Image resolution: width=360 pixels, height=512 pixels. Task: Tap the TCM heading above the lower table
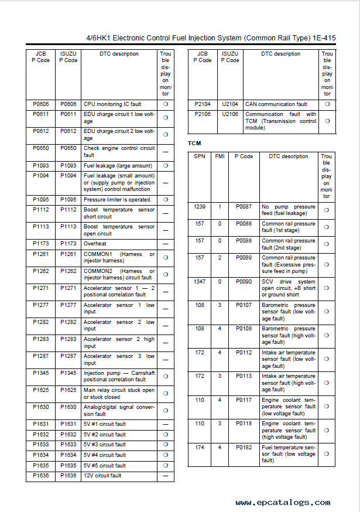[194, 144]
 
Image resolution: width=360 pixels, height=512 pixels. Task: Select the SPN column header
[200, 156]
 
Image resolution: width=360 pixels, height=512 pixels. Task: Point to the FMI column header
[220, 156]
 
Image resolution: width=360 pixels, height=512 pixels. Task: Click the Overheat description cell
[95, 244]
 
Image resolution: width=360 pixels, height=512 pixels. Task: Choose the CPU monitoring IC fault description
[112, 104]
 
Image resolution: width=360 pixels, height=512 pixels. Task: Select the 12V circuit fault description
[102, 476]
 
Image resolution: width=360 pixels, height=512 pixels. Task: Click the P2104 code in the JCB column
[202, 104]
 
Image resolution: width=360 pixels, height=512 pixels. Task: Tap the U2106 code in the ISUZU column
[230, 114]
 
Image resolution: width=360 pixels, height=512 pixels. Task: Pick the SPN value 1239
[200, 207]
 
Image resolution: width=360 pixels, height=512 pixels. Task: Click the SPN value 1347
[200, 282]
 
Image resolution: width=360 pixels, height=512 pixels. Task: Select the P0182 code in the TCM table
[244, 448]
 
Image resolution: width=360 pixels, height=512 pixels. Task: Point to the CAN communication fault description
[276, 104]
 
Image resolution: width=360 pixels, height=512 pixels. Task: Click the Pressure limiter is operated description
[117, 200]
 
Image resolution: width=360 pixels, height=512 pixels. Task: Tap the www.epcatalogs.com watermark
[283, 503]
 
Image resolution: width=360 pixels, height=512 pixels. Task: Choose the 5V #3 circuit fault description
[104, 445]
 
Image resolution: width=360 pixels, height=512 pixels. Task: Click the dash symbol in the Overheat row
[166, 244]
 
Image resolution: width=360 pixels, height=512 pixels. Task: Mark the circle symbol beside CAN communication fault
[327, 104]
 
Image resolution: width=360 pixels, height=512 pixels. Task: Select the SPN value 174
[200, 448]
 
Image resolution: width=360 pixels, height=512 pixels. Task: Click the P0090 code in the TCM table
[244, 282]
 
